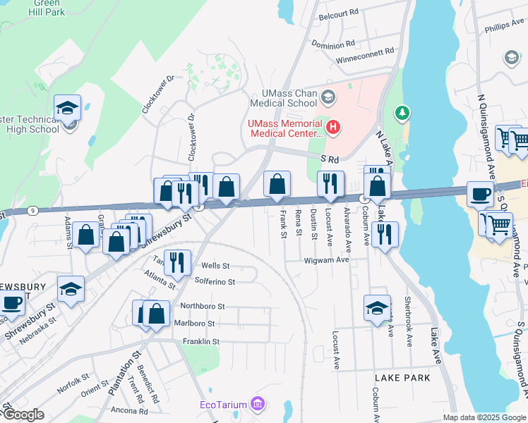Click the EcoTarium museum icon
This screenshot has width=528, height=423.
[258, 404]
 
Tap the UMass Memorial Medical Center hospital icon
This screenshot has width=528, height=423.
[332, 128]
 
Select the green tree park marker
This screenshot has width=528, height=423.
[402, 112]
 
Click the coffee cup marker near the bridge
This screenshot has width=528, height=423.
[481, 194]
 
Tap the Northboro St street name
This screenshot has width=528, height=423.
[202, 307]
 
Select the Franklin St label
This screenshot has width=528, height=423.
[201, 341]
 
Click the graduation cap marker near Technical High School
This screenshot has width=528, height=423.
[68, 108]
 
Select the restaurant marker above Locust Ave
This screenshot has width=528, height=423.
[330, 184]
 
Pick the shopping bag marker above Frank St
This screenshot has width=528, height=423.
[277, 184]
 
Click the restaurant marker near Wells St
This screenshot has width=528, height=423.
[177, 263]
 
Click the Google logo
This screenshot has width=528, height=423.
[23, 414]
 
